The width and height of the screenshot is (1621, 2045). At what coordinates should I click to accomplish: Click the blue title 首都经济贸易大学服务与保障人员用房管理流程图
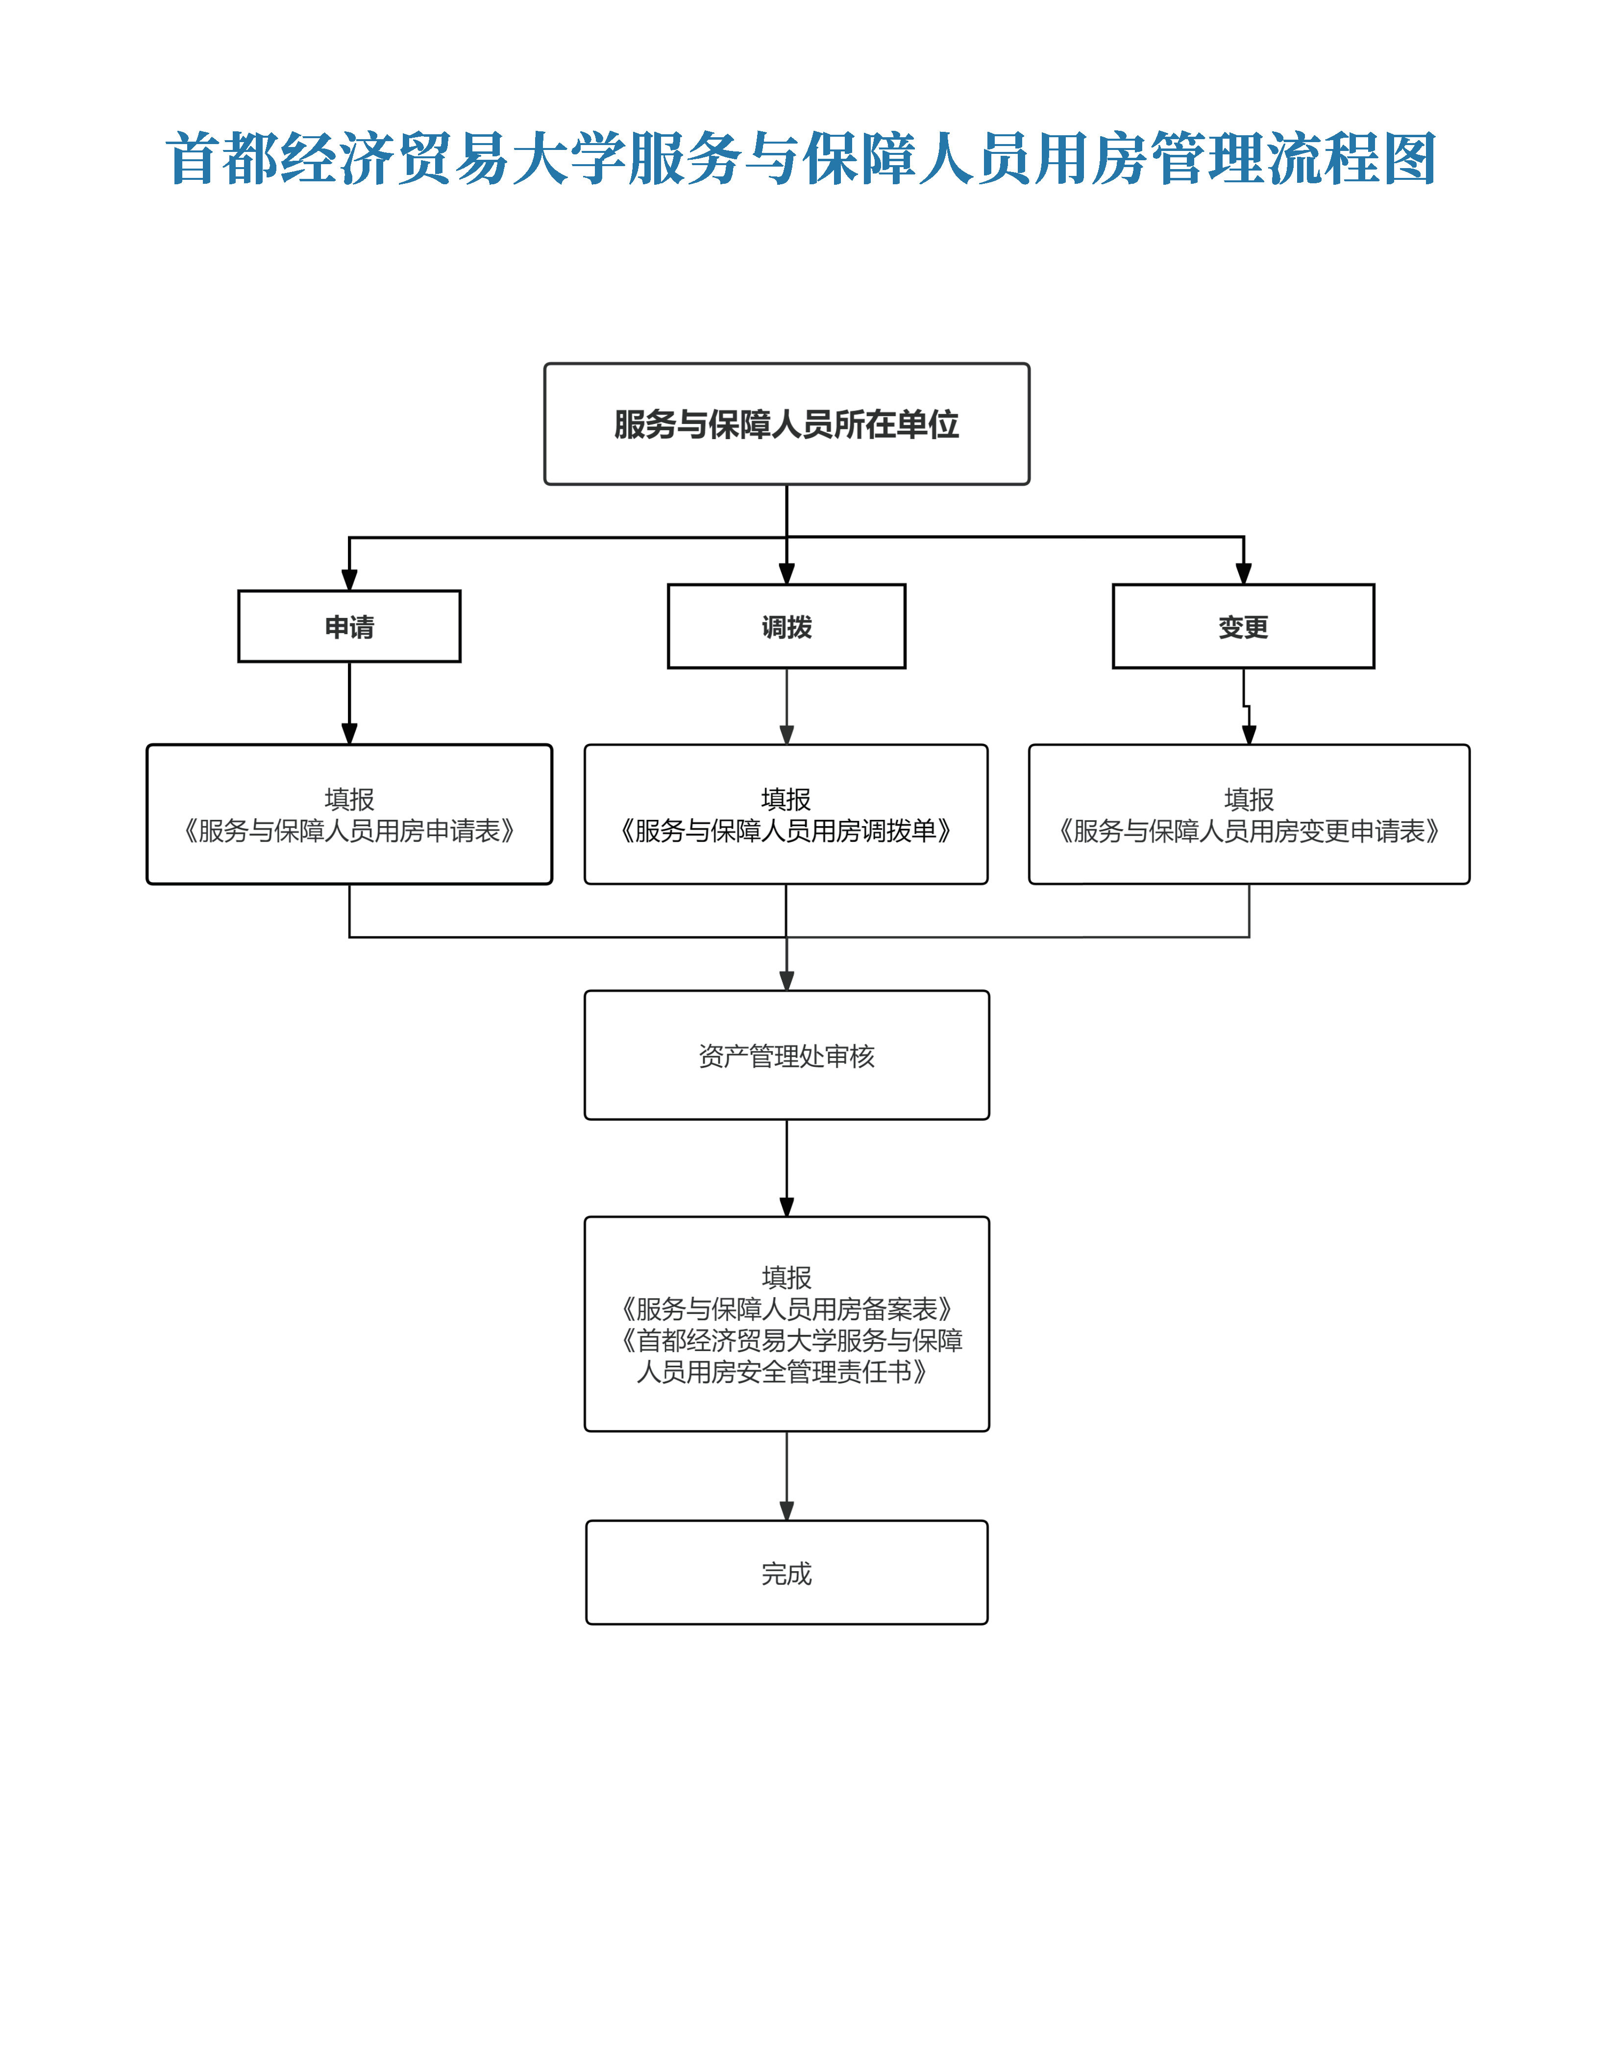point(802,158)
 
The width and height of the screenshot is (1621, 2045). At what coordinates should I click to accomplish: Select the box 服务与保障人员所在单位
point(786,424)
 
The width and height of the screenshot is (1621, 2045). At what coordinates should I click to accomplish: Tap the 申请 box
point(349,626)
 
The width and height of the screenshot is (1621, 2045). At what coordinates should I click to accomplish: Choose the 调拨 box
point(786,626)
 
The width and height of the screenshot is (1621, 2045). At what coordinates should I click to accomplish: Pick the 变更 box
point(1243,626)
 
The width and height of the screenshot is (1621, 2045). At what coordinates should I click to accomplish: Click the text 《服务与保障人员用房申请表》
point(349,831)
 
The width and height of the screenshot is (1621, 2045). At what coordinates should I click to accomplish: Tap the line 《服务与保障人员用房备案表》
point(786,1309)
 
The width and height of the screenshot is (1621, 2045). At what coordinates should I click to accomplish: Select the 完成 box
point(786,1574)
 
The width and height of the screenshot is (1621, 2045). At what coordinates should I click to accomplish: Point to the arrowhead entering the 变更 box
point(1244,574)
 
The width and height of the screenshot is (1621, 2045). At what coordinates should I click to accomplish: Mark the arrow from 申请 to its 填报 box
point(349,702)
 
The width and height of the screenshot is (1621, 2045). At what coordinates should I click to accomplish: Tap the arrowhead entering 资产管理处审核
point(786,980)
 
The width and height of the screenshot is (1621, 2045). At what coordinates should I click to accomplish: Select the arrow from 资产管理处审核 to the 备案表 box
point(786,1167)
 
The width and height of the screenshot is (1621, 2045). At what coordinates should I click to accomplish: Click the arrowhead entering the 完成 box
point(786,1510)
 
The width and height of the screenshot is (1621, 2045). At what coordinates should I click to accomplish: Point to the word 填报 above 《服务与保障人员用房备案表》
point(786,1277)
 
